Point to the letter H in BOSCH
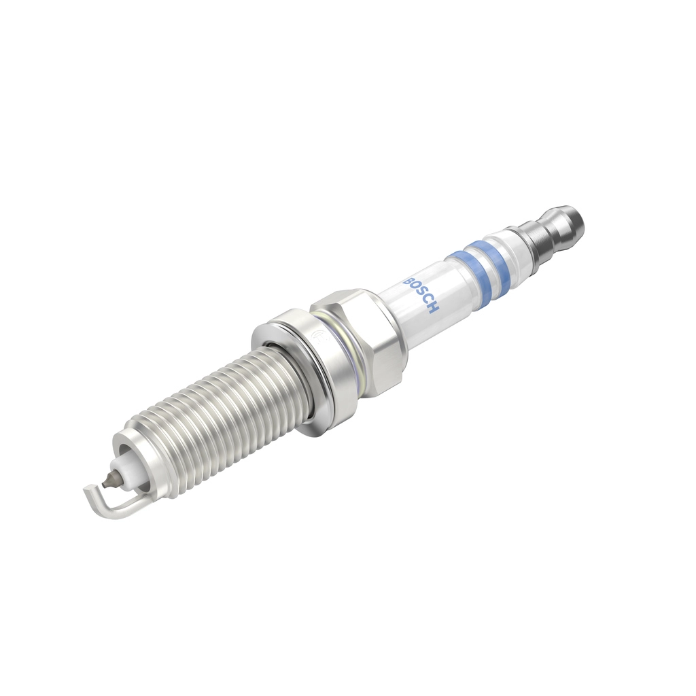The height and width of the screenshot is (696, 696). tap(434, 309)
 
